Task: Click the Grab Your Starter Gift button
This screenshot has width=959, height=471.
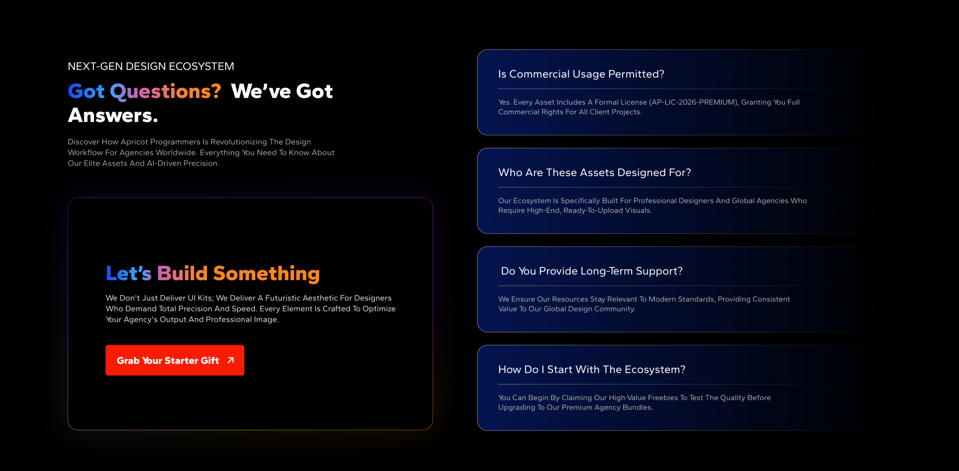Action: pyautogui.click(x=175, y=360)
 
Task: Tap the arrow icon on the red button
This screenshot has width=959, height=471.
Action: pyautogui.click(x=231, y=360)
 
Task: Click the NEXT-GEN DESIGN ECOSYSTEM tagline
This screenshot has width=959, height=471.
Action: pyautogui.click(x=151, y=66)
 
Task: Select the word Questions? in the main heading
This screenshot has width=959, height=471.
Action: pyautogui.click(x=165, y=92)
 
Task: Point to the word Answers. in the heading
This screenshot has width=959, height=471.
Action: pyautogui.click(x=113, y=115)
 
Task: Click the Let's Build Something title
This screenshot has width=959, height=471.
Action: pyautogui.click(x=213, y=274)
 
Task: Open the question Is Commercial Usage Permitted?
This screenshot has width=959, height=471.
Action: pyautogui.click(x=581, y=74)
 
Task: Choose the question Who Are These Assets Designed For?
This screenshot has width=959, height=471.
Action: pyautogui.click(x=595, y=173)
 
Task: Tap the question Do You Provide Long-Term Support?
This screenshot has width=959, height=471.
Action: pyautogui.click(x=592, y=271)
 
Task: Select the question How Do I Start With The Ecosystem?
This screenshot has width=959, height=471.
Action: pyautogui.click(x=592, y=369)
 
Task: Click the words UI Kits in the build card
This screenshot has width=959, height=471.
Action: pyautogui.click(x=200, y=298)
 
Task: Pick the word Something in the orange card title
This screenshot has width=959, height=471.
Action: pyautogui.click(x=266, y=274)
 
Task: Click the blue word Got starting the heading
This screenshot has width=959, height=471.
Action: pyautogui.click(x=86, y=91)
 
